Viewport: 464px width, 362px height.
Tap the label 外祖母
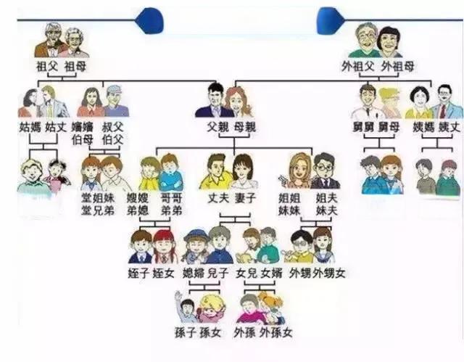(399, 67)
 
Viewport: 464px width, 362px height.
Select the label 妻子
(244, 197)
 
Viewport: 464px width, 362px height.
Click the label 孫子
(186, 332)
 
